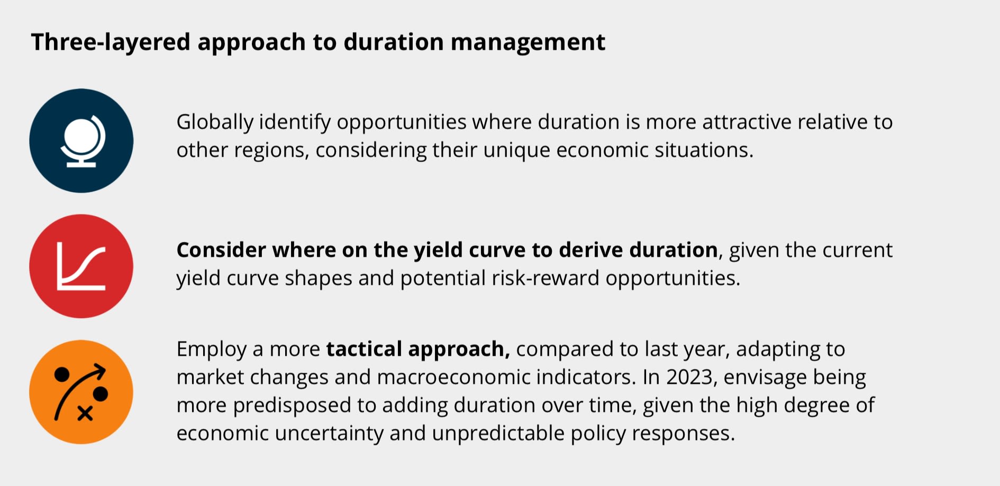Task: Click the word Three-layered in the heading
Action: (111, 42)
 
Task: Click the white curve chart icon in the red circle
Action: (81, 266)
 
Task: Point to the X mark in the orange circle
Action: (85, 413)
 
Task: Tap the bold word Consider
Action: (221, 250)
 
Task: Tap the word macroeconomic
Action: (454, 377)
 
